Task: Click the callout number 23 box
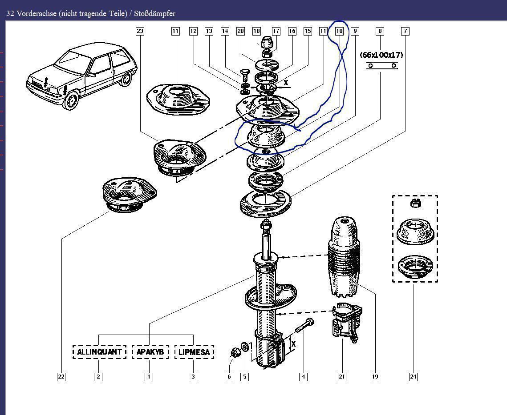coord(140,31)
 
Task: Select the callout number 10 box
coord(339,31)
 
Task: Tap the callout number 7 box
coord(405,31)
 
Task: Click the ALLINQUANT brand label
coord(99,352)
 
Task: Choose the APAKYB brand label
coord(150,352)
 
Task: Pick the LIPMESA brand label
coord(194,352)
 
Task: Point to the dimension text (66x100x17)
coord(381,55)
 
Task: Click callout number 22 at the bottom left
coord(61,377)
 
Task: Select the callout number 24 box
coord(413,377)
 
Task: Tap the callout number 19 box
coord(374,377)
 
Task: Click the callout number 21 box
coord(341,377)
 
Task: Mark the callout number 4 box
coord(303,377)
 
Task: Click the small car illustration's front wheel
coord(71,101)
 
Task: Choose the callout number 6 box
coord(229,377)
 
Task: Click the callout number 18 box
coord(256,31)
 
